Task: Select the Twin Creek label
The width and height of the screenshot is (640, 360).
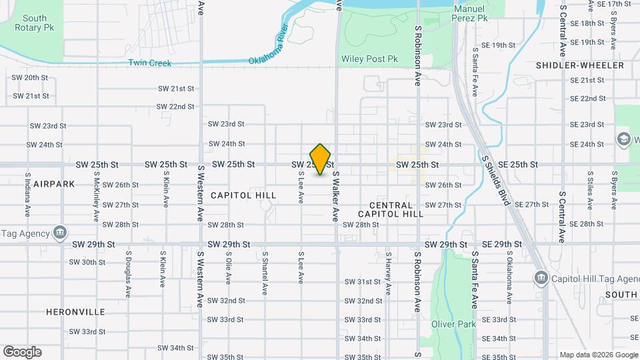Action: coord(150,63)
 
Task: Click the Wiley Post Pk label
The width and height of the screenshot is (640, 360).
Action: coord(369,59)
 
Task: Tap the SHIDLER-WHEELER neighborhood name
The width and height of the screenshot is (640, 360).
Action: coord(580,65)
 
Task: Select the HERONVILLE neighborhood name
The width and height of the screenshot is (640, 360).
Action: coord(76,311)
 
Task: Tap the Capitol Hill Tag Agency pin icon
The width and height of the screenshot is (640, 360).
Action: coord(540,277)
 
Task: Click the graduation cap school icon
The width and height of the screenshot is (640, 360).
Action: coord(623,139)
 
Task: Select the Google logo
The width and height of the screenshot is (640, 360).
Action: coord(22,351)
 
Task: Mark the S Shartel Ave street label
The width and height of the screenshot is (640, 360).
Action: coord(265,274)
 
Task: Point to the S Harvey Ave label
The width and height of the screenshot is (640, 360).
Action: coord(387,274)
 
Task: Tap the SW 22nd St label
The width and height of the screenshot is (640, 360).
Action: coord(176,106)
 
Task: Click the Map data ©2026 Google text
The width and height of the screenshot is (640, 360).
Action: coord(598,355)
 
